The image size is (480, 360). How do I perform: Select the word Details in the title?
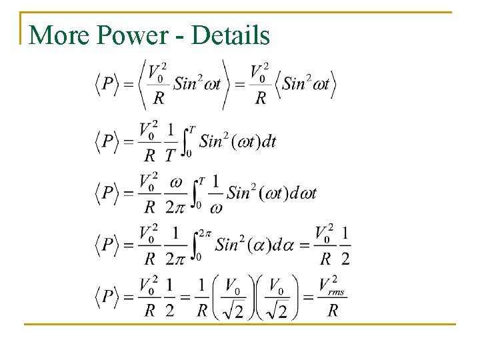(x=231, y=35)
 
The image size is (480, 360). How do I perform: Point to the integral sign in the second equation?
(x=187, y=141)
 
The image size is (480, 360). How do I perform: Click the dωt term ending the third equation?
(x=302, y=193)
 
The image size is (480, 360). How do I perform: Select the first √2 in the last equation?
(x=234, y=309)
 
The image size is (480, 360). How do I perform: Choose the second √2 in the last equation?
(x=278, y=309)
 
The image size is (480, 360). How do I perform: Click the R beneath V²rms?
(x=333, y=311)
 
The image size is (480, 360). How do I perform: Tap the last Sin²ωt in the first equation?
(x=306, y=84)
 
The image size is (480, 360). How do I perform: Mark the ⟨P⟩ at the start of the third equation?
(x=107, y=193)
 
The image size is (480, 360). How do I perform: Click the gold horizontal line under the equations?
(x=240, y=324)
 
